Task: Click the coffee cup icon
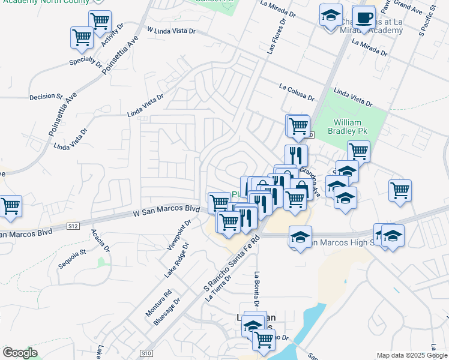pos(364,16)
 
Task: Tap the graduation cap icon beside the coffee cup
pos(331,17)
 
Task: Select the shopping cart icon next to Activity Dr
pos(100,22)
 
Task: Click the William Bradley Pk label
pos(348,125)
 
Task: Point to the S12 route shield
pos(73,226)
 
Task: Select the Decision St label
pos(46,96)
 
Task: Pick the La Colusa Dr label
pos(296,92)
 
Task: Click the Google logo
pos(20,353)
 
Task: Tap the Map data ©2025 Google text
pos(411,355)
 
